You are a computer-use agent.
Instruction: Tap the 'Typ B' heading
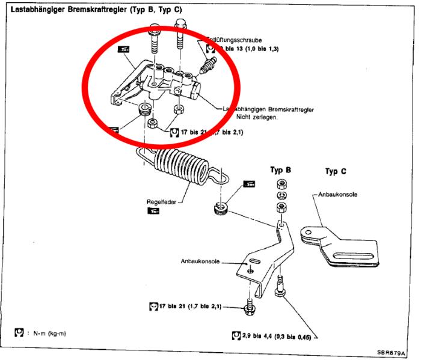pos(280,170)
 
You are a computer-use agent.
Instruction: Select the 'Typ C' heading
pos(335,171)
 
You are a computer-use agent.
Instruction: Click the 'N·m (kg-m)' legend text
pos(48,331)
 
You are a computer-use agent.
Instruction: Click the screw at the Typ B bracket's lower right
pos(280,288)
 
